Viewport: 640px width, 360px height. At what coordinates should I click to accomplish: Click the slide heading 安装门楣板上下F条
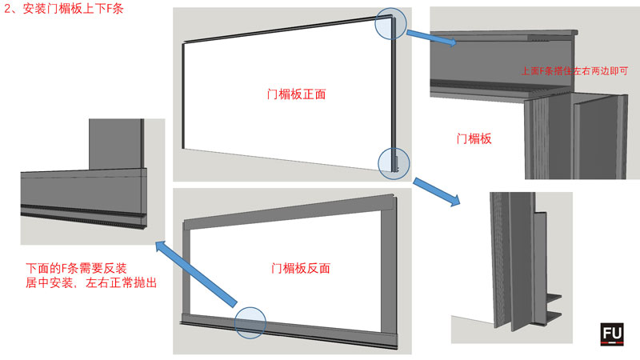coord(73,9)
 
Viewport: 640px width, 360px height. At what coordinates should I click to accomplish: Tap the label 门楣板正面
coord(296,94)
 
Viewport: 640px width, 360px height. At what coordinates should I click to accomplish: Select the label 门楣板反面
coord(301,268)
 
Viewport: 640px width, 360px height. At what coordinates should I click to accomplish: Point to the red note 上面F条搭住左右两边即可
coord(574,71)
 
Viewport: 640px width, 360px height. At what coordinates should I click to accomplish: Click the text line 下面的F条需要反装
coord(76,268)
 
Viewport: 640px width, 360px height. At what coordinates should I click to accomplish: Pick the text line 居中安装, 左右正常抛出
coord(91,282)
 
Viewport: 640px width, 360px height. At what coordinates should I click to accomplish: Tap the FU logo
coord(612,334)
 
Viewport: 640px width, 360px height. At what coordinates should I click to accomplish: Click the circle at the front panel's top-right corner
coord(390,24)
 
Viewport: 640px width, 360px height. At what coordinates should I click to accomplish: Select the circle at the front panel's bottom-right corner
coord(394,164)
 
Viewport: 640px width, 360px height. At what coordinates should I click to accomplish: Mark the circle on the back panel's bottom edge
coord(250,323)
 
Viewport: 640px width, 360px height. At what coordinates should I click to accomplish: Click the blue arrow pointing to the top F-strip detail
coord(431,38)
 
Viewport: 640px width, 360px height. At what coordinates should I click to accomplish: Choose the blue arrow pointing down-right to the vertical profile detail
coord(436,192)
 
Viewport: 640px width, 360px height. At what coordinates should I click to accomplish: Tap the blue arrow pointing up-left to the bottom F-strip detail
coord(196,273)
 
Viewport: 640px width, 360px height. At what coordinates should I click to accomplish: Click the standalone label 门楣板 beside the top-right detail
coord(474,138)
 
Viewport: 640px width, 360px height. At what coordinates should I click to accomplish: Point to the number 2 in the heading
coord(7,9)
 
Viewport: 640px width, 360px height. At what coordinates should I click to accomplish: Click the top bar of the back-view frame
coord(289,212)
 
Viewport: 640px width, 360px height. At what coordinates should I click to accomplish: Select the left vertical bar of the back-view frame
coord(186,272)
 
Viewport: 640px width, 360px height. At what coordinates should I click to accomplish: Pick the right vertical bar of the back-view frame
coord(389,272)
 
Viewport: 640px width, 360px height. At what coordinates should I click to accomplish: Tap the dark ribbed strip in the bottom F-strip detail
coord(83,213)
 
